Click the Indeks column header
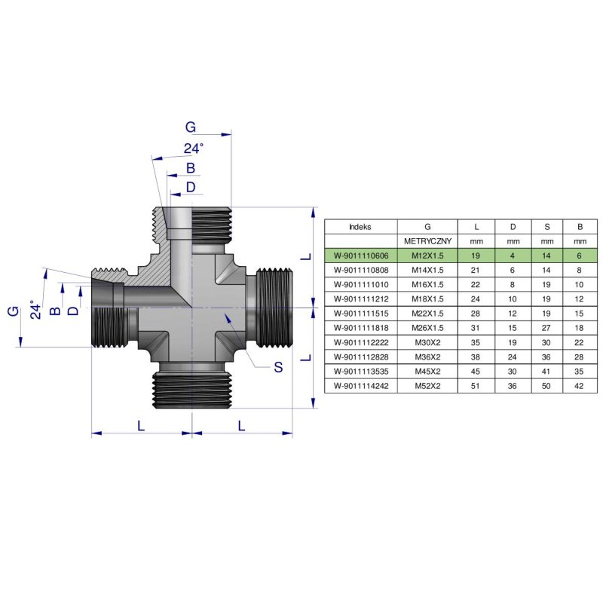[360, 226]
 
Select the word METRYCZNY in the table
[427, 241]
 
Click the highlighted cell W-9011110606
[360, 256]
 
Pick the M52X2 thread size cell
[427, 385]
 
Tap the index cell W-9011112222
[360, 342]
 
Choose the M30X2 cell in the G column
[427, 342]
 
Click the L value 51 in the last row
[476, 385]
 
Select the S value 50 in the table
[547, 385]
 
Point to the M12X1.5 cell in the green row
[427, 256]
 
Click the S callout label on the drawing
[278, 367]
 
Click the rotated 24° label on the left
[33, 310]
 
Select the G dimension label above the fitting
[191, 127]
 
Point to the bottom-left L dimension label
[141, 425]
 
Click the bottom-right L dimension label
[241, 425]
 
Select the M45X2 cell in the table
[427, 371]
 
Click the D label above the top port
[191, 186]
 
